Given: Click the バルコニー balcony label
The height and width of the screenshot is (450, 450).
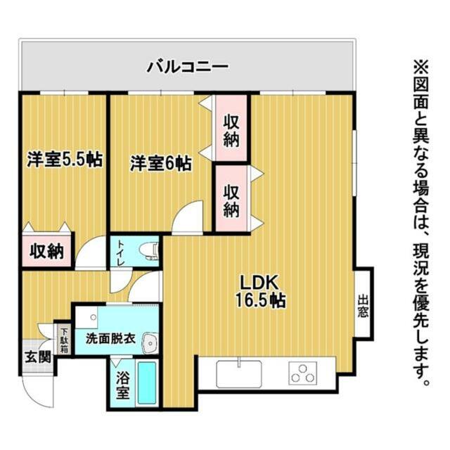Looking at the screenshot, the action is pyautogui.click(x=188, y=67).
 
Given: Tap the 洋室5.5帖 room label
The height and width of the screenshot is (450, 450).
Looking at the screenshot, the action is pyautogui.click(x=65, y=160).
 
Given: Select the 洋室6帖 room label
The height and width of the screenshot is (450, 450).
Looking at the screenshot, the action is pyautogui.click(x=161, y=164).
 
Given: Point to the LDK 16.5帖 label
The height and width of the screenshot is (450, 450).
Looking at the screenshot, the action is pyautogui.click(x=260, y=291).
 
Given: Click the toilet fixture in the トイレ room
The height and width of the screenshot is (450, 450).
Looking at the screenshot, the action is pyautogui.click(x=150, y=251).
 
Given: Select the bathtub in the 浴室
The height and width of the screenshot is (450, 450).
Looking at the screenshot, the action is pyautogui.click(x=147, y=382).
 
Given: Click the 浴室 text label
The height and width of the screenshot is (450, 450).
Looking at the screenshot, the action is pyautogui.click(x=123, y=385).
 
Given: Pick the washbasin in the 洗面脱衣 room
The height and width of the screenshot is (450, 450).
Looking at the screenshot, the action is pyautogui.click(x=150, y=343).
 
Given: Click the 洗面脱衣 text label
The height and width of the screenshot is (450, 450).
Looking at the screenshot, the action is pyautogui.click(x=110, y=339).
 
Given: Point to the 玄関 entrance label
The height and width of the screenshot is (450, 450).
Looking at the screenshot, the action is pyautogui.click(x=38, y=357).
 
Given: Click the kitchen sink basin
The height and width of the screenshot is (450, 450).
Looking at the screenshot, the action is pyautogui.click(x=239, y=374).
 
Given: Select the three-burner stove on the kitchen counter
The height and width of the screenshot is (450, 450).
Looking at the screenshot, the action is pyautogui.click(x=303, y=373).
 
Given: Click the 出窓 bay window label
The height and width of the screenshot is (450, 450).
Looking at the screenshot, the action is pyautogui.click(x=363, y=307).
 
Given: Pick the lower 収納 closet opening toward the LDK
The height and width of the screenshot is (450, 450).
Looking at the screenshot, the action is pyautogui.click(x=231, y=198).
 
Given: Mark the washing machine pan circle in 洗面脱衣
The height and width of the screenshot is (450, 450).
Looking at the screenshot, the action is pyautogui.click(x=94, y=317).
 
